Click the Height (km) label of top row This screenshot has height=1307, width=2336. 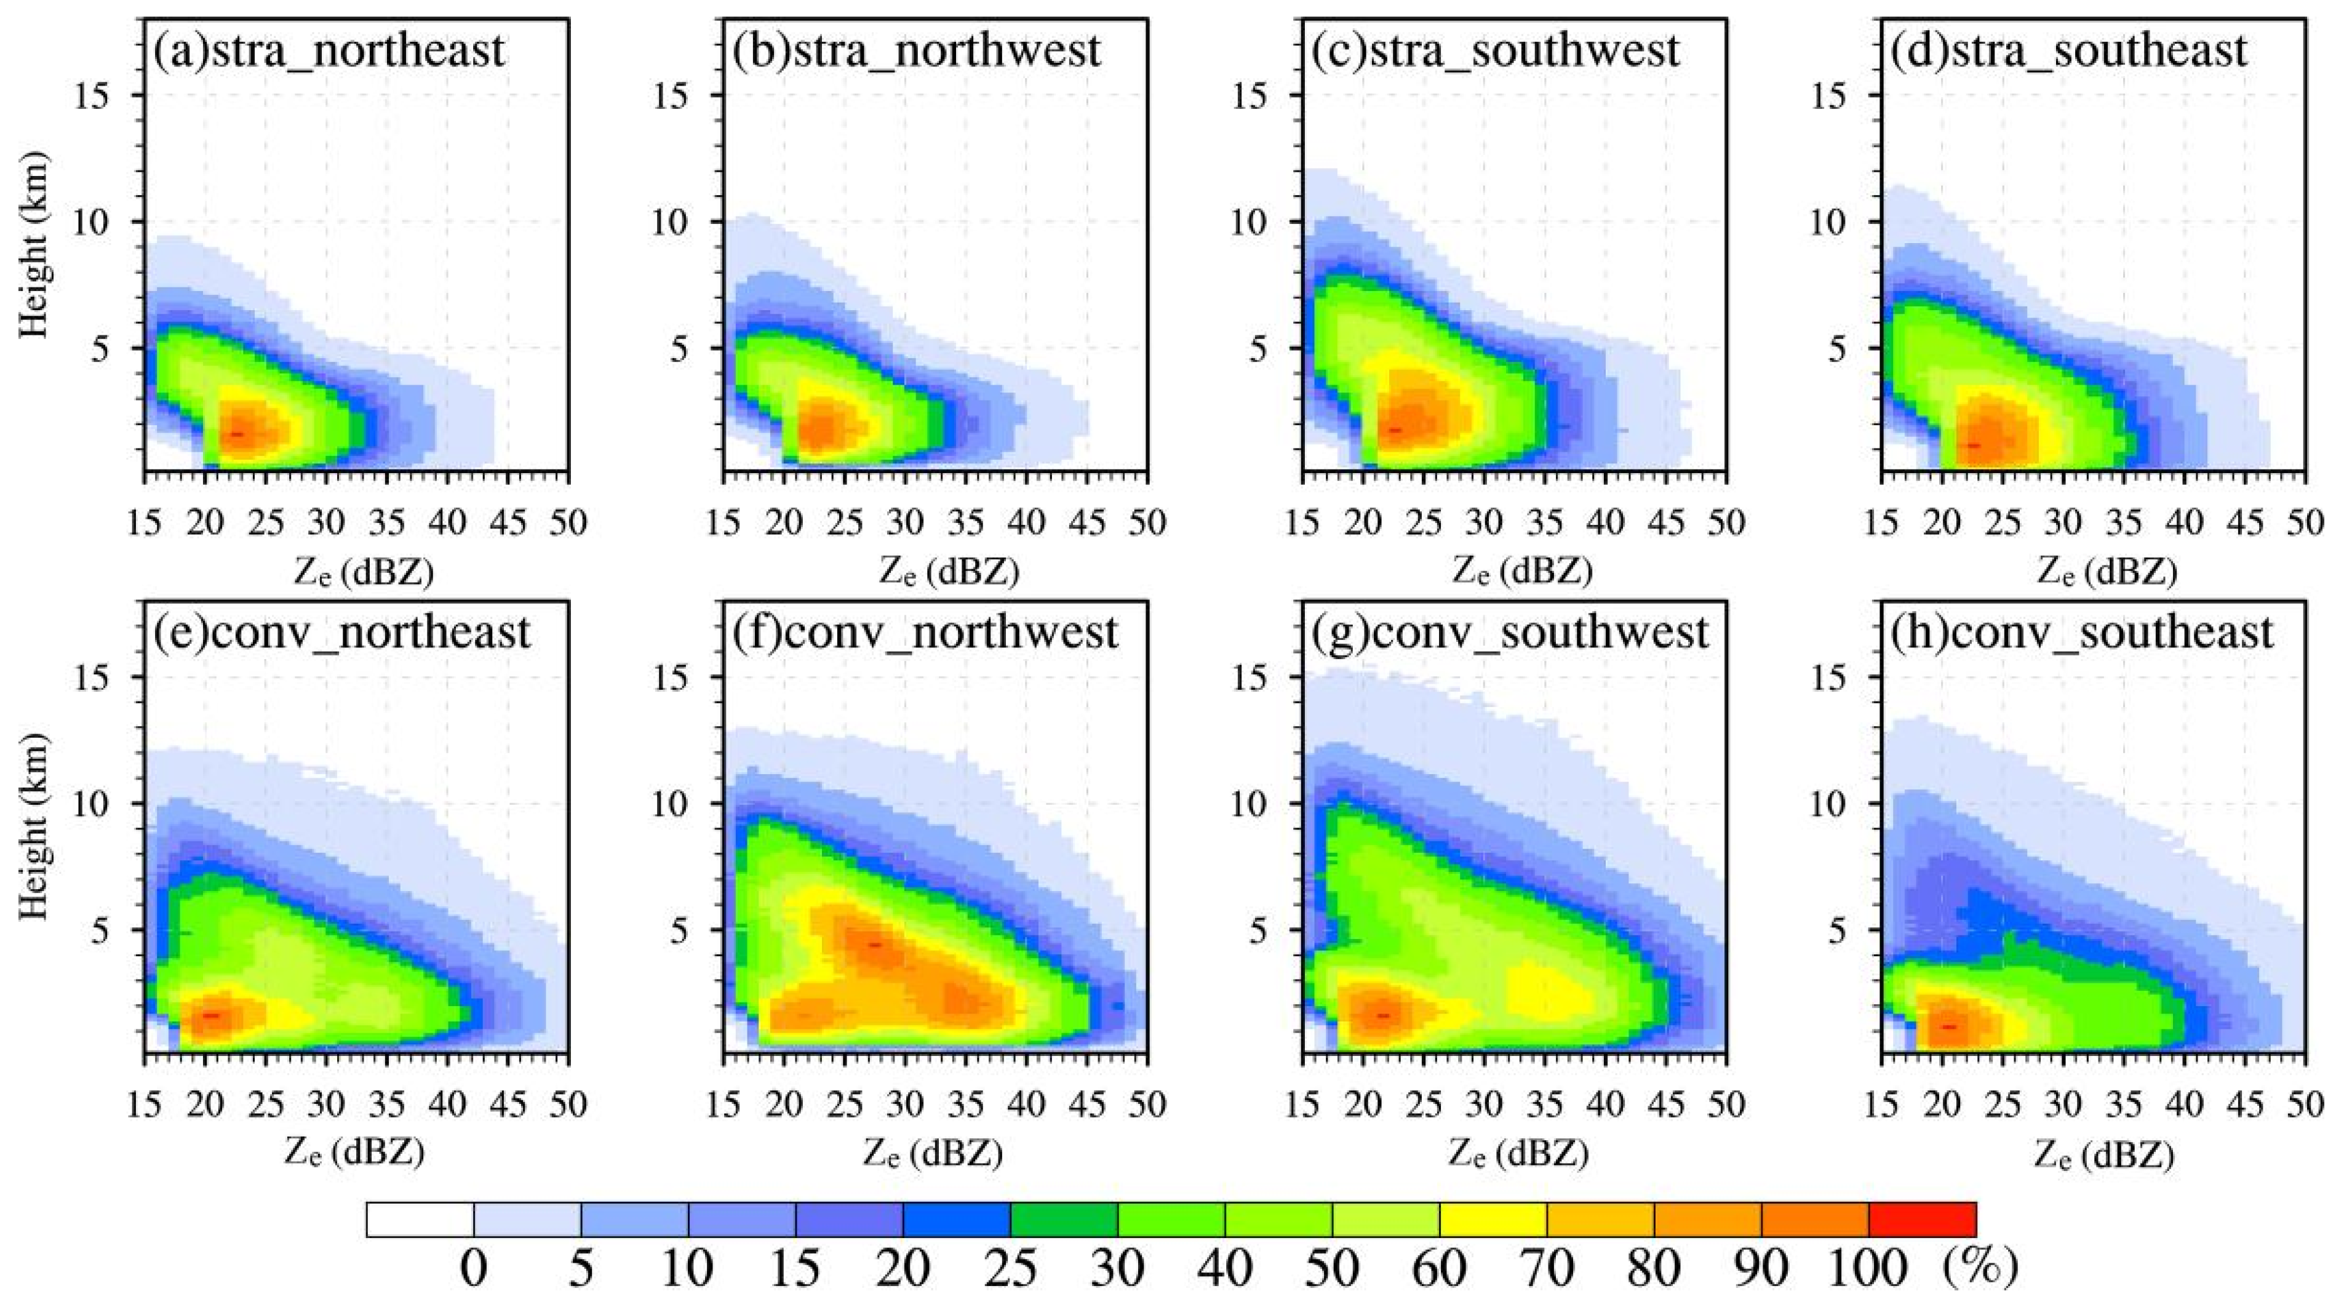(34, 245)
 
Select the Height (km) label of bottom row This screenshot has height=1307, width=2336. (34, 826)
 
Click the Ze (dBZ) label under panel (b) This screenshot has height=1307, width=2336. (949, 572)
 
